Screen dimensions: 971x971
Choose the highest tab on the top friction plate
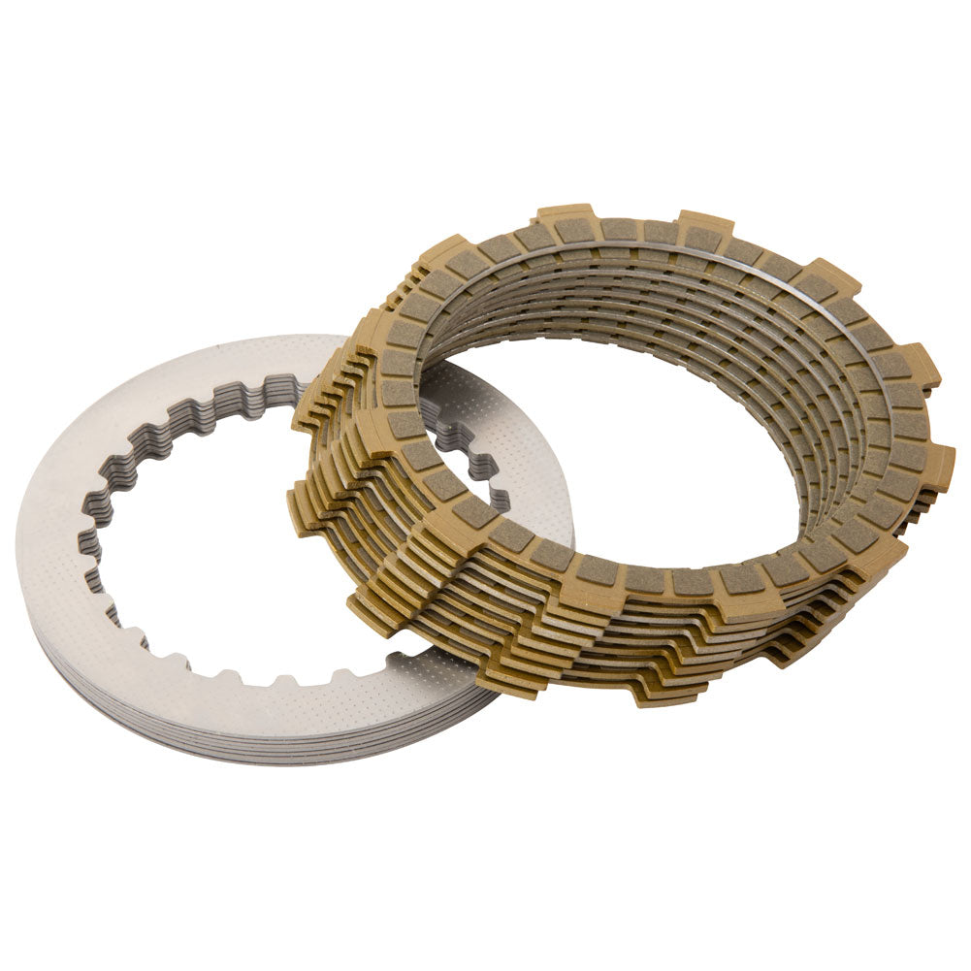click(565, 215)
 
